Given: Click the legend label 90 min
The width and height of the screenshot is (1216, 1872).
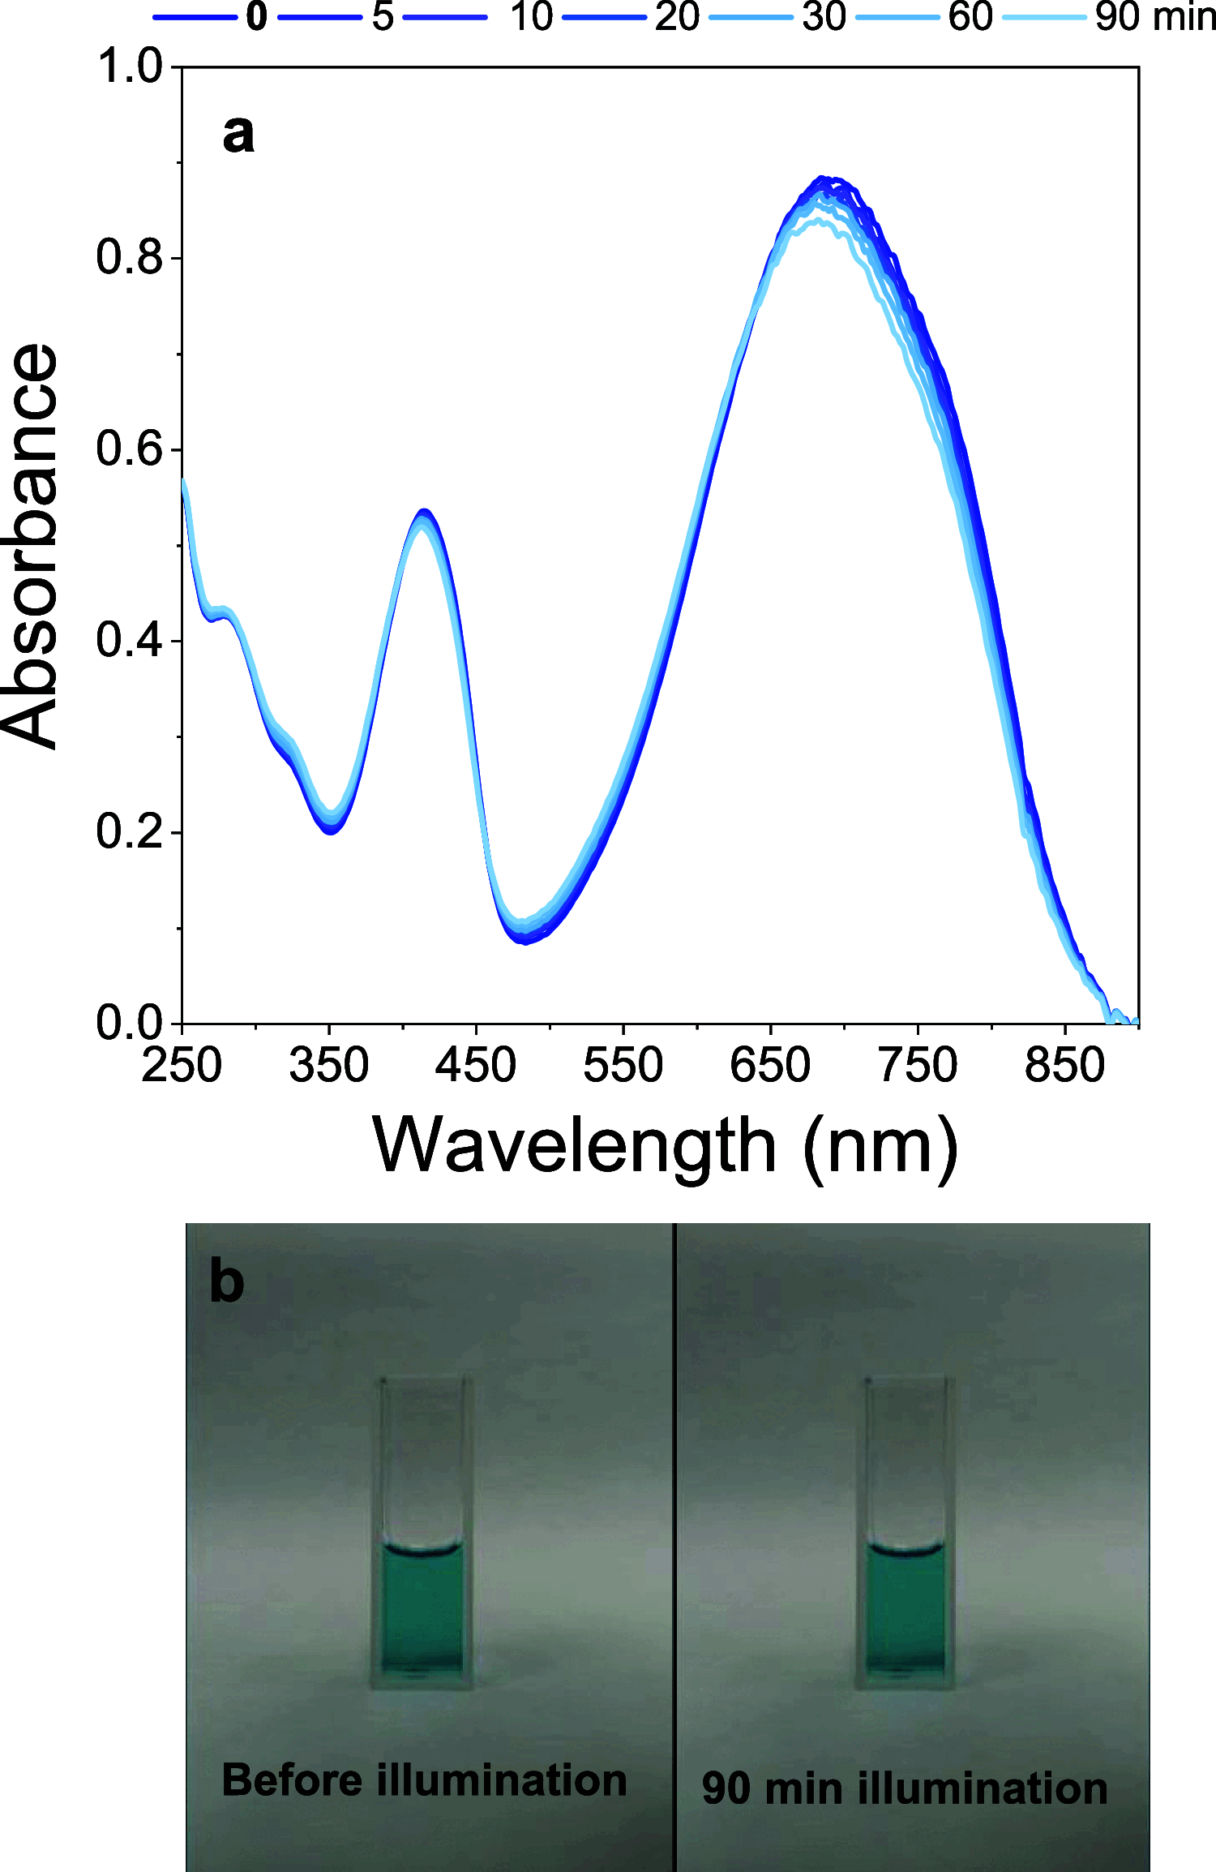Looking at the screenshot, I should pos(1154,17).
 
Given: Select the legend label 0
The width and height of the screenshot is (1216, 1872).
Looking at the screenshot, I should pos(257,17).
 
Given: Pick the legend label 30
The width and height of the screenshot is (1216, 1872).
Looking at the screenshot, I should pos(824,17).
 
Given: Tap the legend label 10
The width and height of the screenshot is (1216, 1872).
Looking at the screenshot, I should pos(531,17).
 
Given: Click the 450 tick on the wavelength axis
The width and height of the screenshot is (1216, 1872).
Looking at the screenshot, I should pos(476,1066).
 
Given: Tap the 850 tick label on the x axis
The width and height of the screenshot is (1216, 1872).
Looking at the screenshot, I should pos(1064,1066).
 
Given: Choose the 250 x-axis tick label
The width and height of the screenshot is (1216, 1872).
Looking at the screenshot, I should pos(182,1066).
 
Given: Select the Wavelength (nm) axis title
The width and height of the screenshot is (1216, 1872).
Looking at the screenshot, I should pos(665,1145).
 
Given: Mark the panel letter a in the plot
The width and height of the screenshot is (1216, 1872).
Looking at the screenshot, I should pos(238,134).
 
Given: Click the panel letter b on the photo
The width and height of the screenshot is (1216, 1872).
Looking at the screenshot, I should pos(226,1282).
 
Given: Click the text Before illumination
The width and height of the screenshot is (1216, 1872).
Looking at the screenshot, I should pos(424,1781).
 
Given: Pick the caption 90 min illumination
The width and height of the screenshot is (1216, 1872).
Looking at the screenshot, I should pos(905,1788).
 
